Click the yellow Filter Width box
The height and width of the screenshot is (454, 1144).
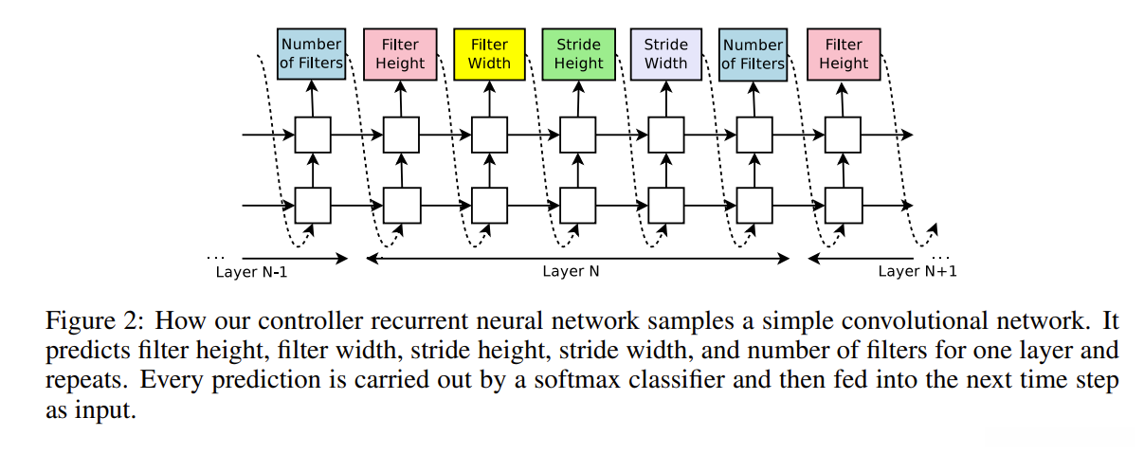click(489, 54)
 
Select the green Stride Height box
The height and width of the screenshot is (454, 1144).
click(578, 54)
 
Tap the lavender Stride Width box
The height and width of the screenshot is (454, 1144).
click(665, 54)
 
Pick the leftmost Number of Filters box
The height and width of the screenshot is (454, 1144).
click(312, 54)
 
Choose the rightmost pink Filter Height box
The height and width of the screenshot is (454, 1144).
click(843, 54)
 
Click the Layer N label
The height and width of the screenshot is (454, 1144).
click(571, 271)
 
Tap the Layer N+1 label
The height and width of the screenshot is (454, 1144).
click(917, 272)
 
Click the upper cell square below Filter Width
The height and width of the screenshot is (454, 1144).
click(489, 135)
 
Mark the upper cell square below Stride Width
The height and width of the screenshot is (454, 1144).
click(666, 135)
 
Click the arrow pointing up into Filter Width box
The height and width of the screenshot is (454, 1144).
click(489, 98)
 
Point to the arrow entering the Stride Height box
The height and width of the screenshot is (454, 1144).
click(578, 98)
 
